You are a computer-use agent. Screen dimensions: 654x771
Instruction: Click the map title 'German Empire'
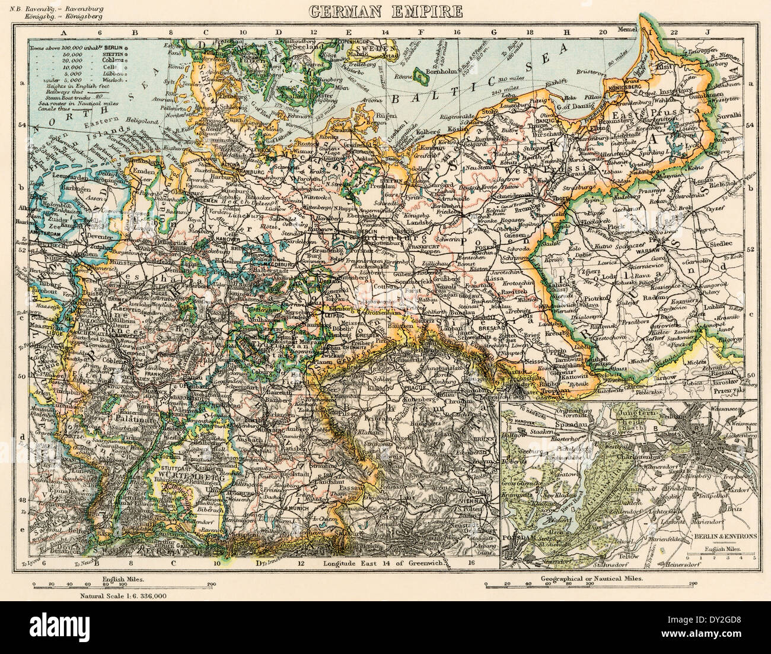[x=385, y=10]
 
